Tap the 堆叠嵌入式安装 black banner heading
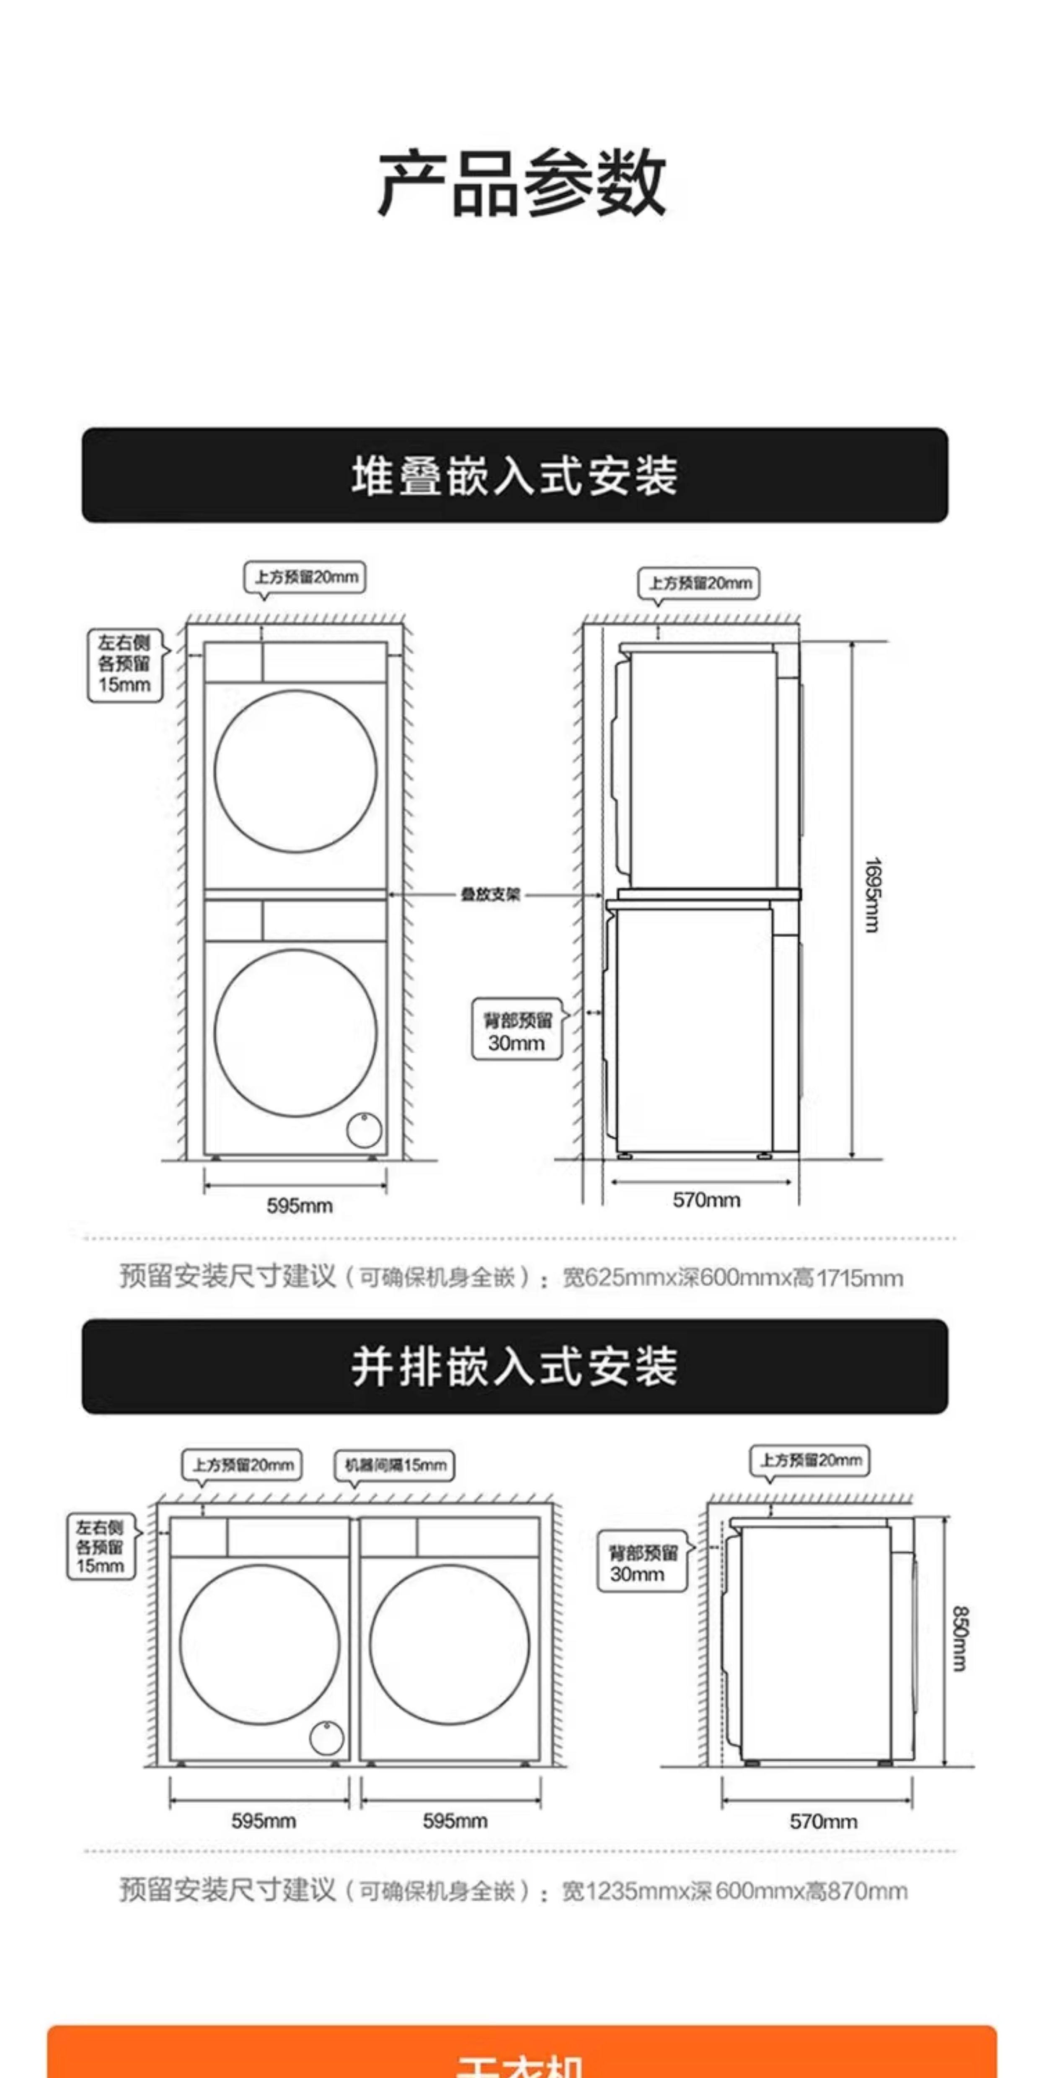coord(514,475)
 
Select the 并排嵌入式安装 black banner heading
coord(514,1367)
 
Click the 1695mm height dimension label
coord(871,895)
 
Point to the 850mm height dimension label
coord(959,1639)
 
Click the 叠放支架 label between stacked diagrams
coord(491,894)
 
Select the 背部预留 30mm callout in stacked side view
coord(517,1032)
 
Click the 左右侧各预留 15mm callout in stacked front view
coord(125,664)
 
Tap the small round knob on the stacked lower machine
coord(364,1129)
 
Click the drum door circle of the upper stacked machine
coord(295,771)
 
